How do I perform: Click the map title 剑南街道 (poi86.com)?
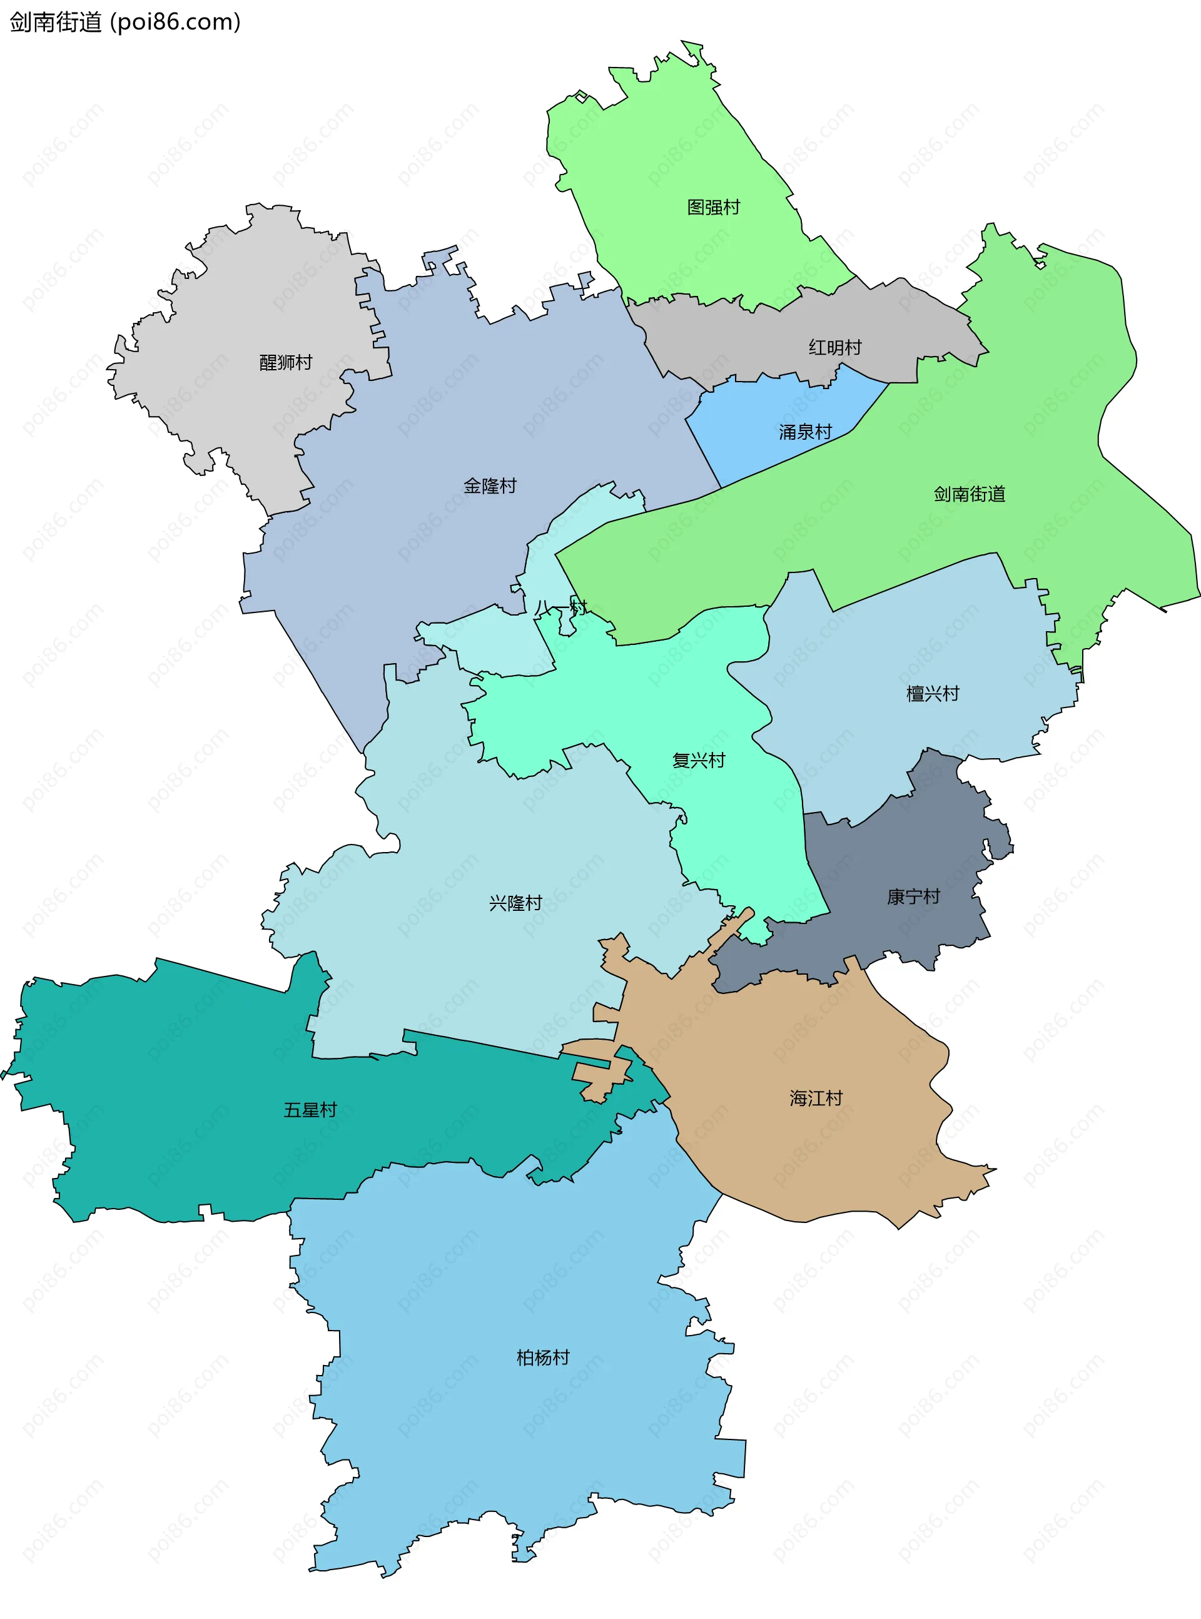[124, 22]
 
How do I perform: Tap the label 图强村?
[713, 207]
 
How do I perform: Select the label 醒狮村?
[286, 362]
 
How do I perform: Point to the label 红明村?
[834, 347]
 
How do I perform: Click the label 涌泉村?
[805, 432]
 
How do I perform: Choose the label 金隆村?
[489, 485]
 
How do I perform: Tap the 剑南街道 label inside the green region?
[969, 494]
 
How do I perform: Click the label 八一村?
[560, 607]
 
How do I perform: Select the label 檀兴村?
[932, 694]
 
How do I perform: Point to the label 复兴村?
[699, 761]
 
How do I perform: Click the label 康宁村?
[913, 897]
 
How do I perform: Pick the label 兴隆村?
[515, 903]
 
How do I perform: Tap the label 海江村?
[816, 1098]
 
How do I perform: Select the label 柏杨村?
[542, 1358]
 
